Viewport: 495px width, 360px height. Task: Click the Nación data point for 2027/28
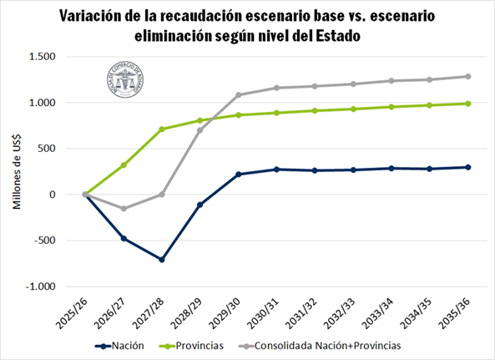[162, 260]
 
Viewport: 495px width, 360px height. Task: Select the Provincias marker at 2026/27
[124, 165]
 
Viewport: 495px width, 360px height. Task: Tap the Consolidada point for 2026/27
[124, 209]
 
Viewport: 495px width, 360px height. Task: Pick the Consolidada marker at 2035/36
[467, 76]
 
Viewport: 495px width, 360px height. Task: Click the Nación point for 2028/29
[200, 205]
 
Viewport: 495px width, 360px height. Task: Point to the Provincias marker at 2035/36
[467, 104]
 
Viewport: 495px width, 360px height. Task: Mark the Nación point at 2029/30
[239, 175]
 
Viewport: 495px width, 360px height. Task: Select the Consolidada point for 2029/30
[239, 95]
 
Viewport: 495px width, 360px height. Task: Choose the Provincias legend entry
[194, 345]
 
